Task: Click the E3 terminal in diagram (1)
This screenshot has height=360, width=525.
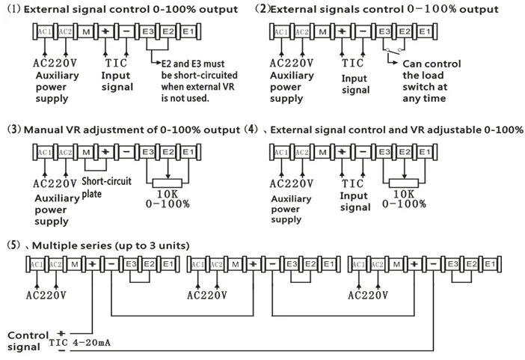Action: coord(149,33)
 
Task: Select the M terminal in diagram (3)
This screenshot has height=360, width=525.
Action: coord(87,153)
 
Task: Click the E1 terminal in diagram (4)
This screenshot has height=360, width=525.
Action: coord(424,153)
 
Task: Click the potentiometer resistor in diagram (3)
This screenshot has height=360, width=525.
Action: coord(168,182)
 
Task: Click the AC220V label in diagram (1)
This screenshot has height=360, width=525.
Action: coord(55,64)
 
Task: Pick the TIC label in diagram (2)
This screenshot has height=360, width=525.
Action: coord(352,64)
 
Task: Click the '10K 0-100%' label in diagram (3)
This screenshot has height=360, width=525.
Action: coord(168,198)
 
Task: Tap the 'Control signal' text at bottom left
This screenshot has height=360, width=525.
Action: coord(27,341)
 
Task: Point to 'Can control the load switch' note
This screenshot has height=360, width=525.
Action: coord(432,81)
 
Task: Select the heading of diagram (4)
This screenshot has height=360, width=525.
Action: coord(389,129)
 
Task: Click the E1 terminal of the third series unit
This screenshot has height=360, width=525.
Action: coord(491,264)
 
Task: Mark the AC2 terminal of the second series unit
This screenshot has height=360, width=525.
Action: coord(216,264)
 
